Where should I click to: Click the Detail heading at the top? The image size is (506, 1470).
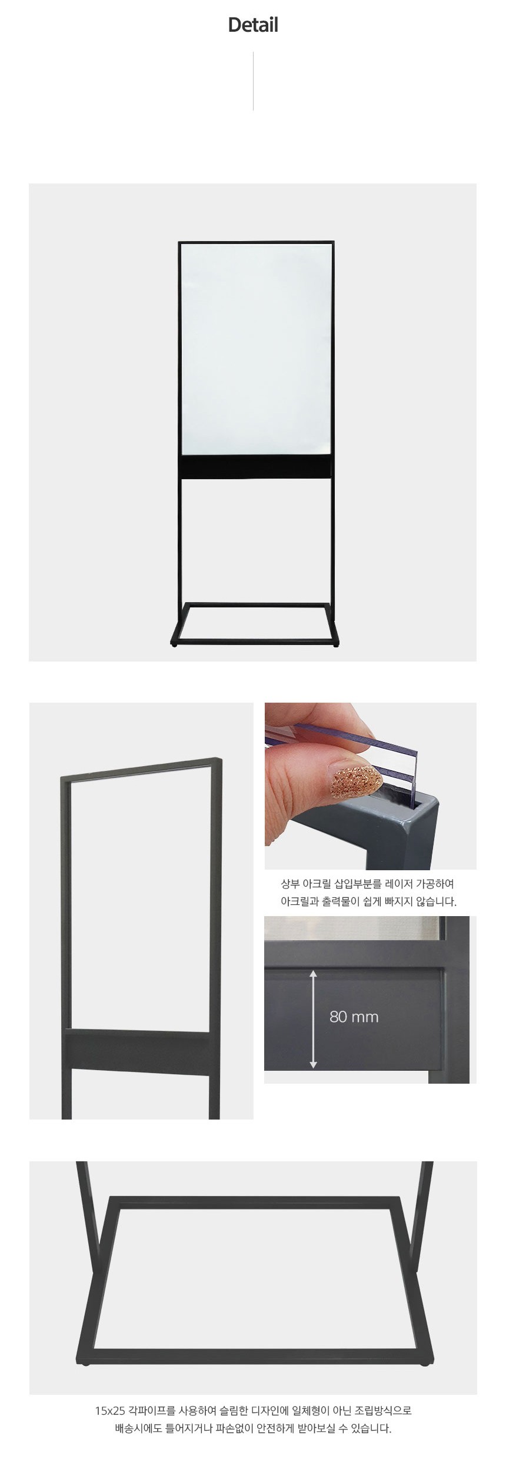253,25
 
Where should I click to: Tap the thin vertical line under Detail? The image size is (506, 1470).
253,81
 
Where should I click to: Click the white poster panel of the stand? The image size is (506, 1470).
256,349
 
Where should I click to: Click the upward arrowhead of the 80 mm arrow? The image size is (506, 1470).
313,974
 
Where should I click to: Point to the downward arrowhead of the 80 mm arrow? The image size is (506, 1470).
313,1064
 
